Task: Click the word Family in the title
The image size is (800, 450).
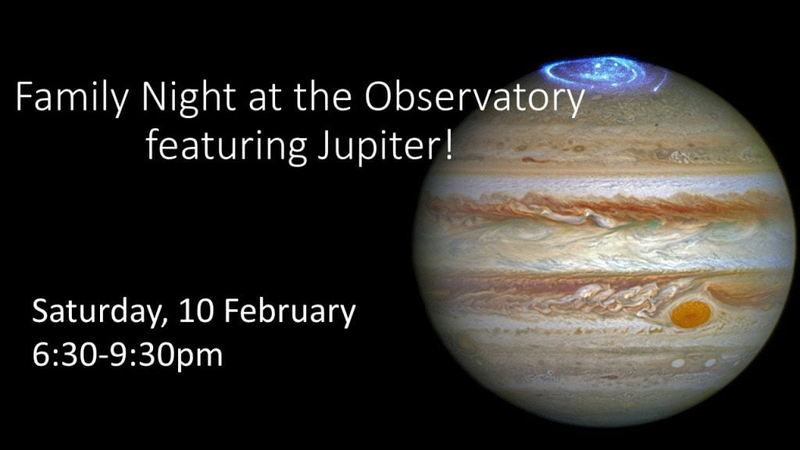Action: pos(72,98)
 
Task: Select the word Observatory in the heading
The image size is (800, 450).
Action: pos(474,98)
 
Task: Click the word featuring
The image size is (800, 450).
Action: pos(227,145)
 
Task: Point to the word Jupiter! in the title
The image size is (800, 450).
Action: pos(385,145)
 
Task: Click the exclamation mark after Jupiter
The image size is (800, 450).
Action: pos(448,144)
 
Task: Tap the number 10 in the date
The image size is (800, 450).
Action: pos(197,310)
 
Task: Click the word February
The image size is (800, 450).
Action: pos(291,312)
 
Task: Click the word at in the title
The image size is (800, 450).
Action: pos(264,99)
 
